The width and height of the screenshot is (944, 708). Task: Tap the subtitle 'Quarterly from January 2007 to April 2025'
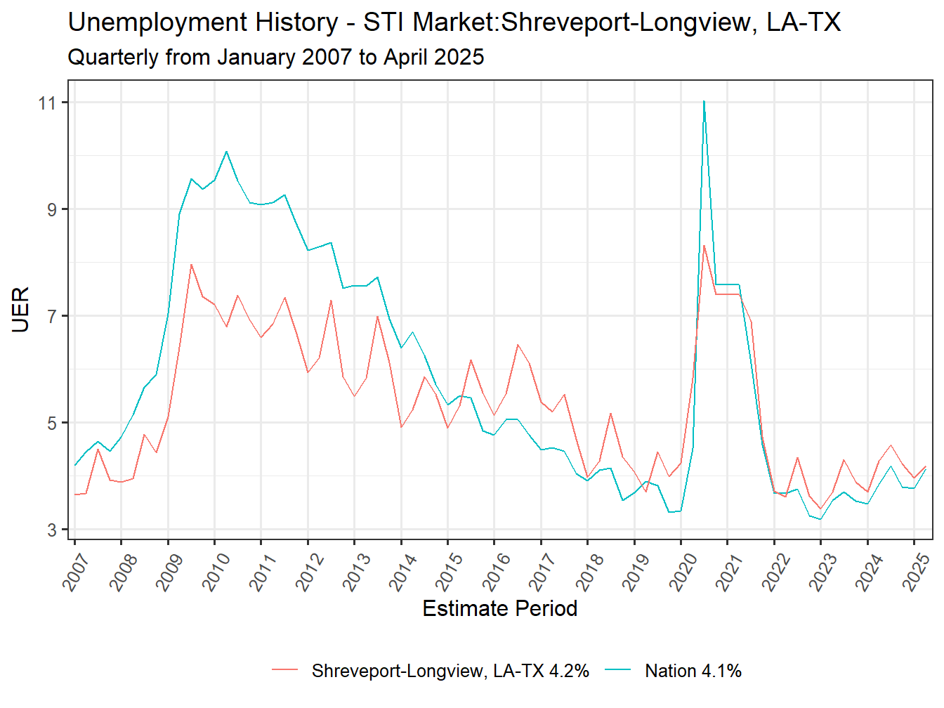pos(275,57)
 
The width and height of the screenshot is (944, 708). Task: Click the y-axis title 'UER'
pos(20,309)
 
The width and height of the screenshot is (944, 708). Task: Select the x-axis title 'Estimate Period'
pos(499,608)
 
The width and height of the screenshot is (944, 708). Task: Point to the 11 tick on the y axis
pos(48,103)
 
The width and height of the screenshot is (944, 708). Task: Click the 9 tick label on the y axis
pos(52,210)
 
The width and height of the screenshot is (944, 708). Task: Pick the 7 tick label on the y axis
pos(52,317)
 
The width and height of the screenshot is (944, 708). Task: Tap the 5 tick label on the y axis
pos(52,424)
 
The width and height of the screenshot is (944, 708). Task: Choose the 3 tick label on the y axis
pos(52,530)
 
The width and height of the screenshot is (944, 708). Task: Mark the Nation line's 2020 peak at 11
pos(704,102)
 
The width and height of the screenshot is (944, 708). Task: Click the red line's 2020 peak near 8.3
pos(704,246)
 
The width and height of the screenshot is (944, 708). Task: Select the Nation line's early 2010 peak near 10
pos(226,152)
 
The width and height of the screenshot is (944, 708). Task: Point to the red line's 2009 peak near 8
pos(191,265)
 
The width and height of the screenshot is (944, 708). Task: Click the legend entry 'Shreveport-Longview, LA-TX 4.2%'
pos(450,671)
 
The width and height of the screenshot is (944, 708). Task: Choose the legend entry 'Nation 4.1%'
pos(693,671)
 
